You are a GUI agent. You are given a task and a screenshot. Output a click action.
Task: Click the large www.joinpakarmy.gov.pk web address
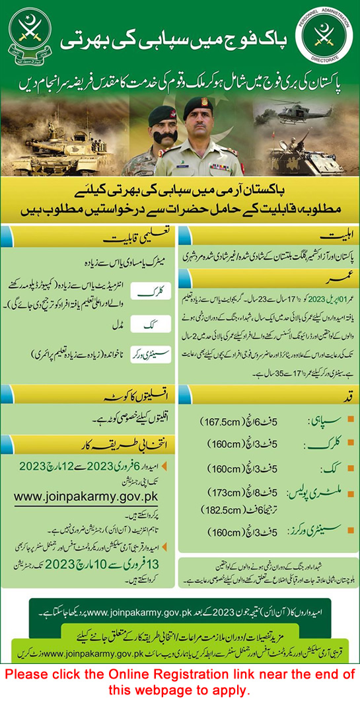coord(94,493)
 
